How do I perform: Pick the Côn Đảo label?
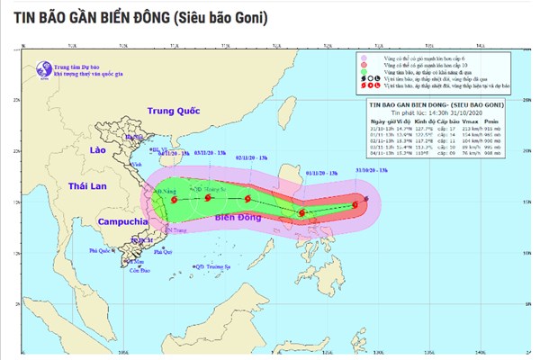point(138,271)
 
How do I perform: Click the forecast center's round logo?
point(41,68)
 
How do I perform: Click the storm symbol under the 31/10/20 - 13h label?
point(356,204)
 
